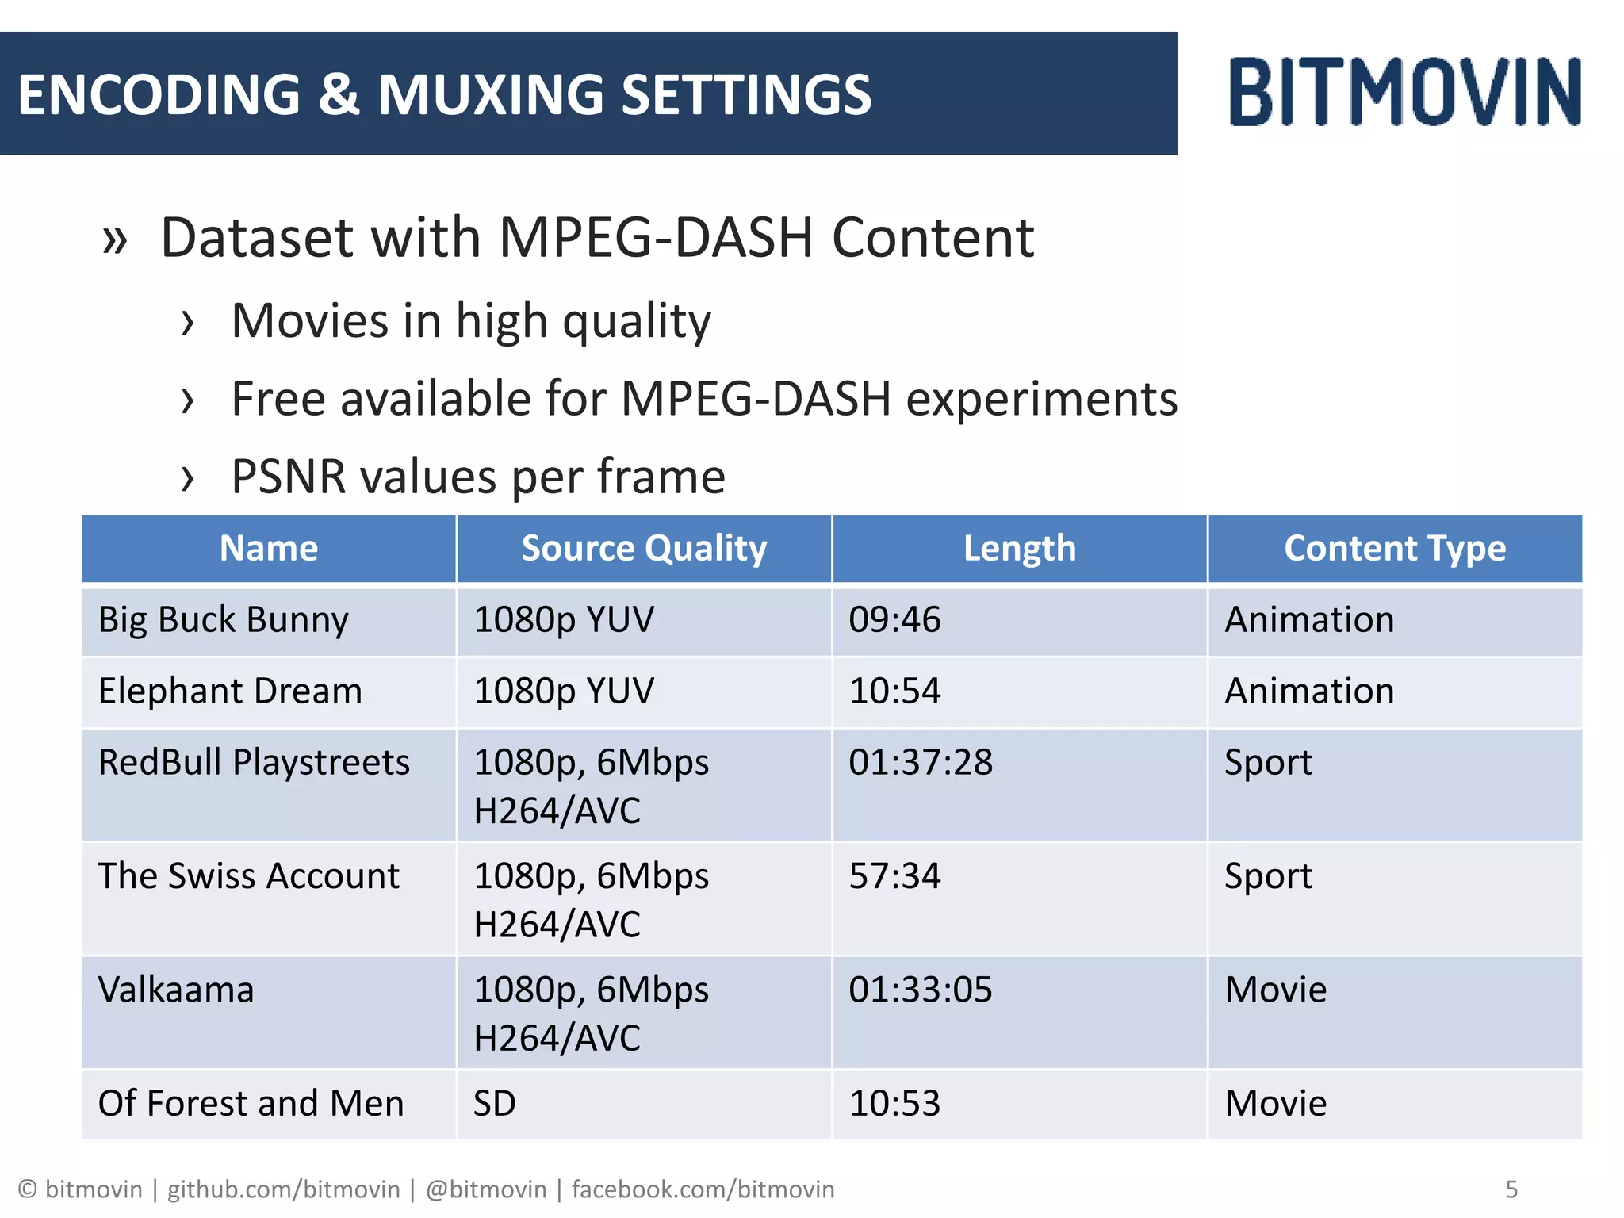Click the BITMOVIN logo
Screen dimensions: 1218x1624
(x=1404, y=92)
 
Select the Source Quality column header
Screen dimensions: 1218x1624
(x=644, y=549)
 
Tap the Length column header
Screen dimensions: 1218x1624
(x=1019, y=549)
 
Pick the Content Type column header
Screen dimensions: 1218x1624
(x=1394, y=549)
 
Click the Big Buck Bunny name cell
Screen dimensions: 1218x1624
(x=223, y=620)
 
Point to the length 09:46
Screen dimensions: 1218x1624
(x=894, y=620)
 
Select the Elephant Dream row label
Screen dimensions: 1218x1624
(x=230, y=691)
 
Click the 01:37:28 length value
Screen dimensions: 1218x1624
(x=920, y=763)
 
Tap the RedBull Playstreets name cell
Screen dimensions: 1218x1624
(x=254, y=763)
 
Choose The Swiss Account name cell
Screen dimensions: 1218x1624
(x=248, y=876)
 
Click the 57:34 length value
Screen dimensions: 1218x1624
(x=894, y=876)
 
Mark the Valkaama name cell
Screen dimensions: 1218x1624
(x=176, y=990)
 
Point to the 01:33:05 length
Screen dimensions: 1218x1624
(x=920, y=990)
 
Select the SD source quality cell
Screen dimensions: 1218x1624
(x=494, y=1104)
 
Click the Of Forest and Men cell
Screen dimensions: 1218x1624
(x=251, y=1104)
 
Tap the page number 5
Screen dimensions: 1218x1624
(x=1511, y=1189)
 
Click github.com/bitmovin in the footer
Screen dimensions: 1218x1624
(x=283, y=1189)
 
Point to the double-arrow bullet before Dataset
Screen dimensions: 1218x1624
(x=115, y=240)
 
